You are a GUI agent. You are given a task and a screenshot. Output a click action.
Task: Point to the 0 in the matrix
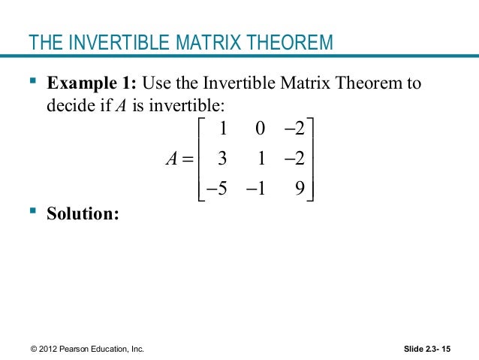(x=260, y=129)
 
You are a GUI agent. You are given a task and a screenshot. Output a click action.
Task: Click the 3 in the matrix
(x=222, y=159)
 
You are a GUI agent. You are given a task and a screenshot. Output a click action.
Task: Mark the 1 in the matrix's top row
(x=222, y=129)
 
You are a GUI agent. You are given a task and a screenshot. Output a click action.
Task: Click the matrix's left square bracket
(x=199, y=159)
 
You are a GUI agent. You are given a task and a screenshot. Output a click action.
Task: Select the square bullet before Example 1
(x=33, y=81)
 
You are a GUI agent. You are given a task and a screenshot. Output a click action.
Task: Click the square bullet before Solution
(x=33, y=213)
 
